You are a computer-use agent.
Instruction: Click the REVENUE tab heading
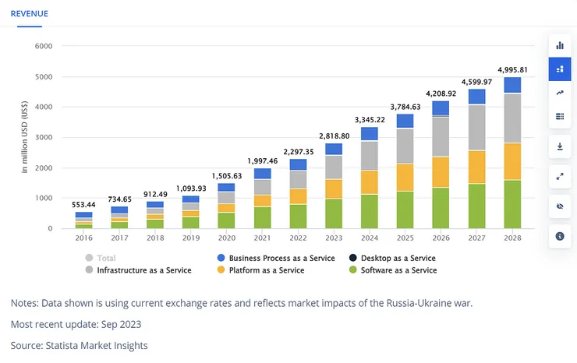(x=29, y=13)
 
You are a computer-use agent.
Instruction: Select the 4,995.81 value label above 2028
(x=512, y=69)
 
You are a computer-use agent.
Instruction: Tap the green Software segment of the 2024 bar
(x=369, y=211)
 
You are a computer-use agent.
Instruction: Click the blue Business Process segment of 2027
(x=476, y=97)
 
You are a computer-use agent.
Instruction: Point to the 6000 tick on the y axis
(x=44, y=46)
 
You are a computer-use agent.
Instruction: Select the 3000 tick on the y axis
(x=44, y=137)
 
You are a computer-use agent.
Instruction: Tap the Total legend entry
(x=104, y=258)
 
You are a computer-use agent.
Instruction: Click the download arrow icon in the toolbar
(x=559, y=146)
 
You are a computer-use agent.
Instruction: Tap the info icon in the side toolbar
(x=559, y=236)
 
